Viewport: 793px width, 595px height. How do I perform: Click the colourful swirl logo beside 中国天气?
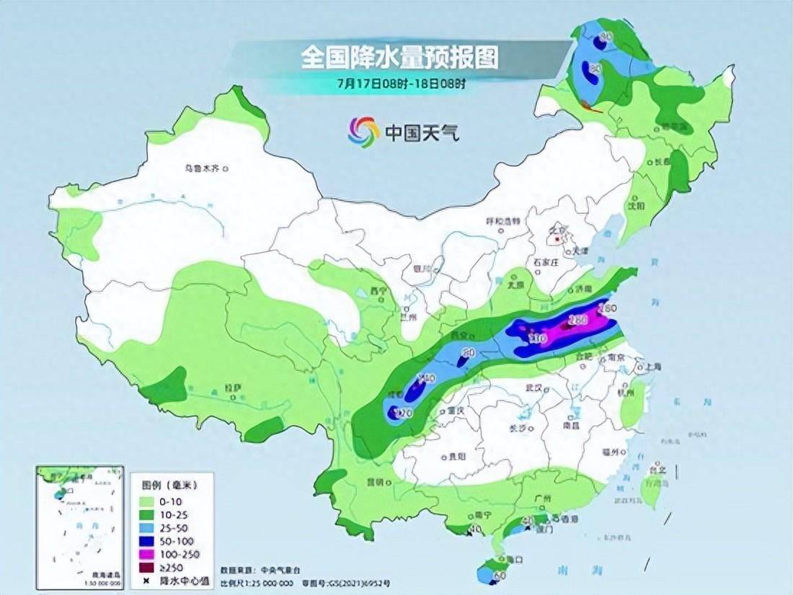pos(363,132)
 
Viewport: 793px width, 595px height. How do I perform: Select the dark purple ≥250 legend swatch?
pos(149,567)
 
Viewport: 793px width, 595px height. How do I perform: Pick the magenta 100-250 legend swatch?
pos(149,553)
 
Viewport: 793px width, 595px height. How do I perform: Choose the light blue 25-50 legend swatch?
pos(149,527)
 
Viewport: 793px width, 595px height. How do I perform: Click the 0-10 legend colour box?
pos(149,501)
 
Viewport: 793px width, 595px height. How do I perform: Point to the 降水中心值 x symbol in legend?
pos(147,581)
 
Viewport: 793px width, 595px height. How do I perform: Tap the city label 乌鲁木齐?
pos(203,169)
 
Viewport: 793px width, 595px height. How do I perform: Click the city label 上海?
pos(654,367)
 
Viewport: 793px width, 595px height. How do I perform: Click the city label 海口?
pos(513,558)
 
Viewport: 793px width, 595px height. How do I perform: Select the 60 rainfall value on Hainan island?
pos(499,576)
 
